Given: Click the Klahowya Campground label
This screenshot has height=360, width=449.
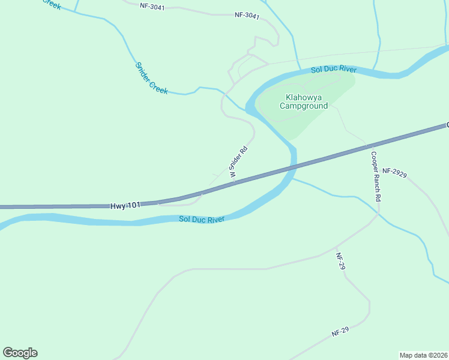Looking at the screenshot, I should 304,101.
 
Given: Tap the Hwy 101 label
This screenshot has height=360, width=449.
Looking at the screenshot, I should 125,205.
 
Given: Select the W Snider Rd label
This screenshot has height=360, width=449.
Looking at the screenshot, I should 238,163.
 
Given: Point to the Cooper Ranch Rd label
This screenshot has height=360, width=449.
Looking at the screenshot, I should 375,176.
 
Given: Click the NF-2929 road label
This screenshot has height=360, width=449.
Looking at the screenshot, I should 394,172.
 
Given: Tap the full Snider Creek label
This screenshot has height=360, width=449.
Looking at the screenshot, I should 151,78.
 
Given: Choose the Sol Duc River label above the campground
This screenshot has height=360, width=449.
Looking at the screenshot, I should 334,70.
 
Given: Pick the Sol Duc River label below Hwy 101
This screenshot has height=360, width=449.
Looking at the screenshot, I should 202,220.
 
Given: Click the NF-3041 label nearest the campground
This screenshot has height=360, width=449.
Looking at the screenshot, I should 247,16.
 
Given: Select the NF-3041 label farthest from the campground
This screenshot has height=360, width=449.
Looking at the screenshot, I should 151,5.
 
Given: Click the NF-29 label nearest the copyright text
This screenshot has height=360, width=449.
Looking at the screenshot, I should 340,331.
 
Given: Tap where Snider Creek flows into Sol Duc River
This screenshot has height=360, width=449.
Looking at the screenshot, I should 247,110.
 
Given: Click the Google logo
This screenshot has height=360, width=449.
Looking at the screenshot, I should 20,353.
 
